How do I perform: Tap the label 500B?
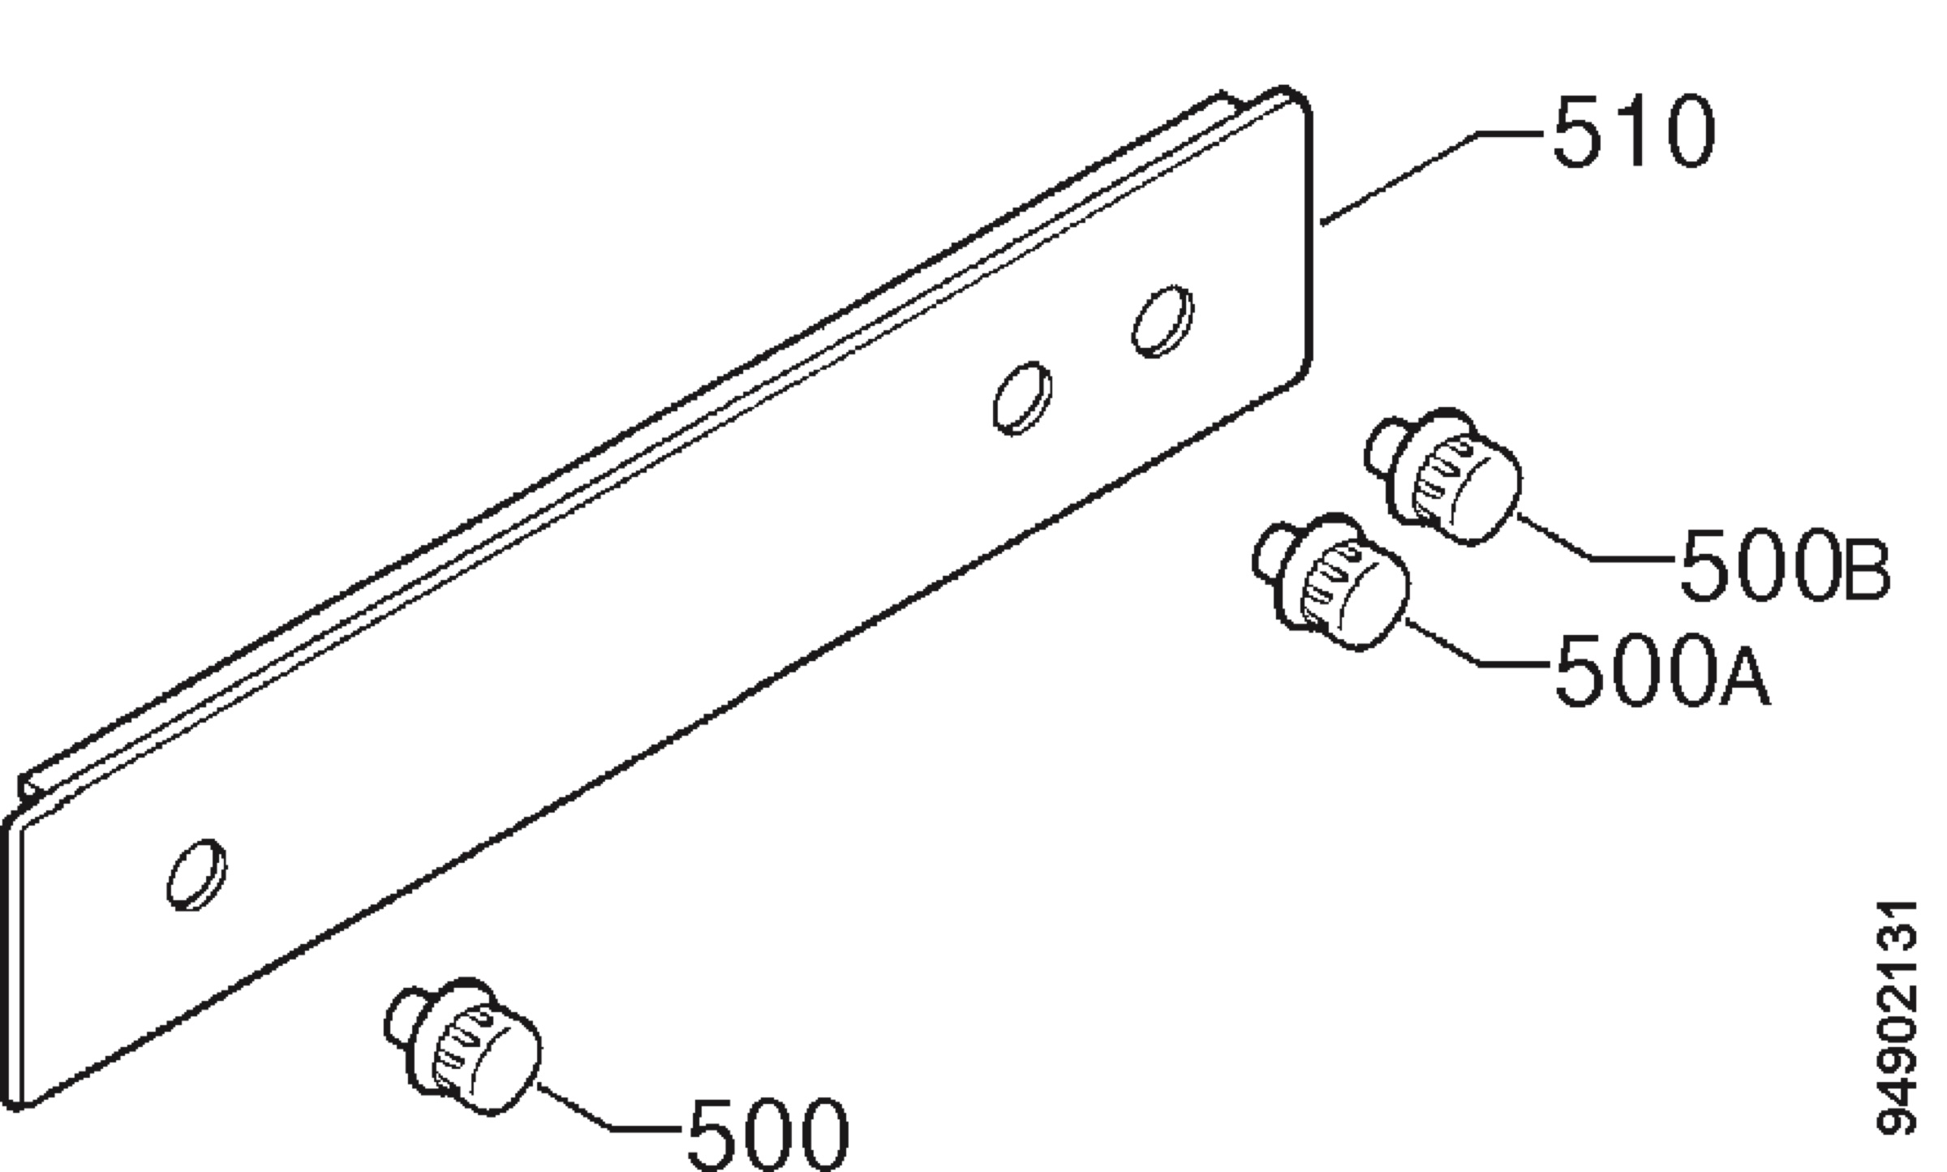(1785, 565)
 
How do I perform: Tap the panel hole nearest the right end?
(1162, 320)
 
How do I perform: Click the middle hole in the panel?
(1022, 398)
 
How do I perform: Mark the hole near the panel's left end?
(196, 874)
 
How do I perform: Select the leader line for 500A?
(1478, 642)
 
